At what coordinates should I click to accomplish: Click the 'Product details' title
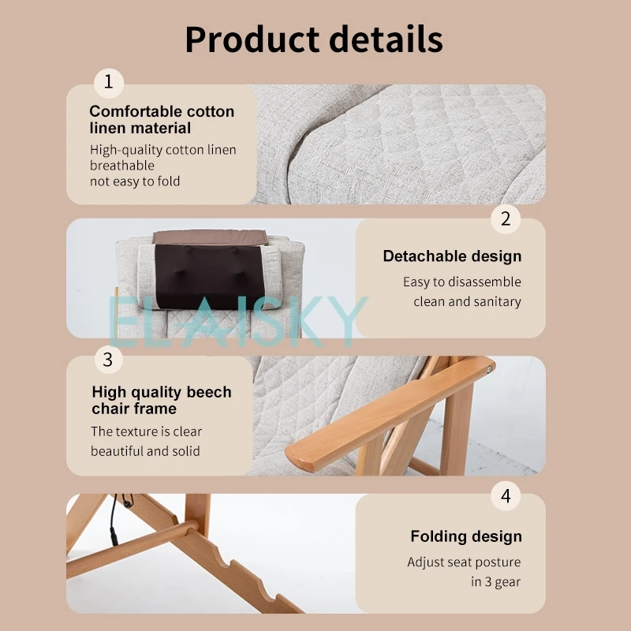pos(314,39)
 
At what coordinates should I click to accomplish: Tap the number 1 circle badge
pos(109,83)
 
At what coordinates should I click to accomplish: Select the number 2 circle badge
pos(506,219)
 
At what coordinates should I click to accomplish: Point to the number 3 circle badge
pos(109,359)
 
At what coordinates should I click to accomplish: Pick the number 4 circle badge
pos(506,496)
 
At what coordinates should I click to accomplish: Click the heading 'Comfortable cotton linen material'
pos(162,120)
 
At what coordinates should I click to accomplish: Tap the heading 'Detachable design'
pos(452,256)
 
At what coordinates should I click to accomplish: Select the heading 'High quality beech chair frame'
pos(162,400)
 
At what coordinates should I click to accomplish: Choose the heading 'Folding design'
pos(466,536)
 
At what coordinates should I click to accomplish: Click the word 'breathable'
pos(122,166)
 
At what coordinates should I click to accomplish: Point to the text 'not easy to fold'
pos(135,181)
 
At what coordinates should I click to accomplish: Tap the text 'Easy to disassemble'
pos(462,282)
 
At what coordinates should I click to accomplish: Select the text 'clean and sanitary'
pos(467,301)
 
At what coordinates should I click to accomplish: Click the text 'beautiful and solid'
pos(145,451)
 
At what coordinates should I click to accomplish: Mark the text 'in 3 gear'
pos(496,582)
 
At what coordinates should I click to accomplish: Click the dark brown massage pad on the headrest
pos(210,277)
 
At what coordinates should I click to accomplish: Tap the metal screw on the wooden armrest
pos(489,369)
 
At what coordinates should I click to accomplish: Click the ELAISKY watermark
pos(238,322)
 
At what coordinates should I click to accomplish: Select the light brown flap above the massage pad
pos(210,237)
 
